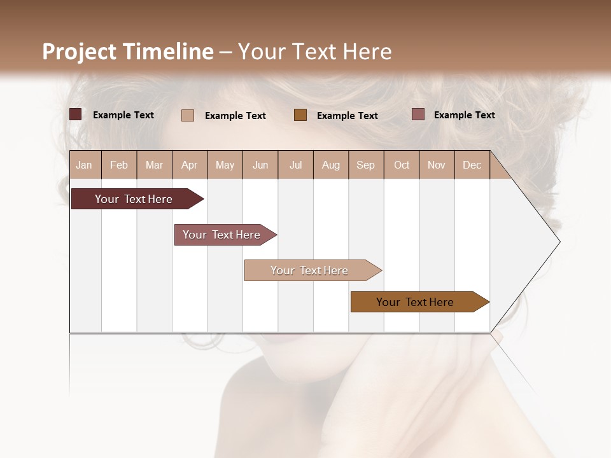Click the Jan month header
click(x=85, y=165)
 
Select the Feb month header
click(x=119, y=165)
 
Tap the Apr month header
click(x=189, y=165)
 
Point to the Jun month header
click(x=260, y=165)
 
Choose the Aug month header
click(x=330, y=165)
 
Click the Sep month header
click(x=365, y=165)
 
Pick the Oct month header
click(x=402, y=165)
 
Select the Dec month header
click(x=472, y=165)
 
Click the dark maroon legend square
click(x=75, y=114)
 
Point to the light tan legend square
click(x=187, y=115)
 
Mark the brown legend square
click(x=300, y=114)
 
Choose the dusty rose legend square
click(x=418, y=114)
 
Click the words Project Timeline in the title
click(x=127, y=52)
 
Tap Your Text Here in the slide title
click(x=314, y=52)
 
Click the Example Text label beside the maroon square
click(x=123, y=115)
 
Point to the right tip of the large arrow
click(x=559, y=242)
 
